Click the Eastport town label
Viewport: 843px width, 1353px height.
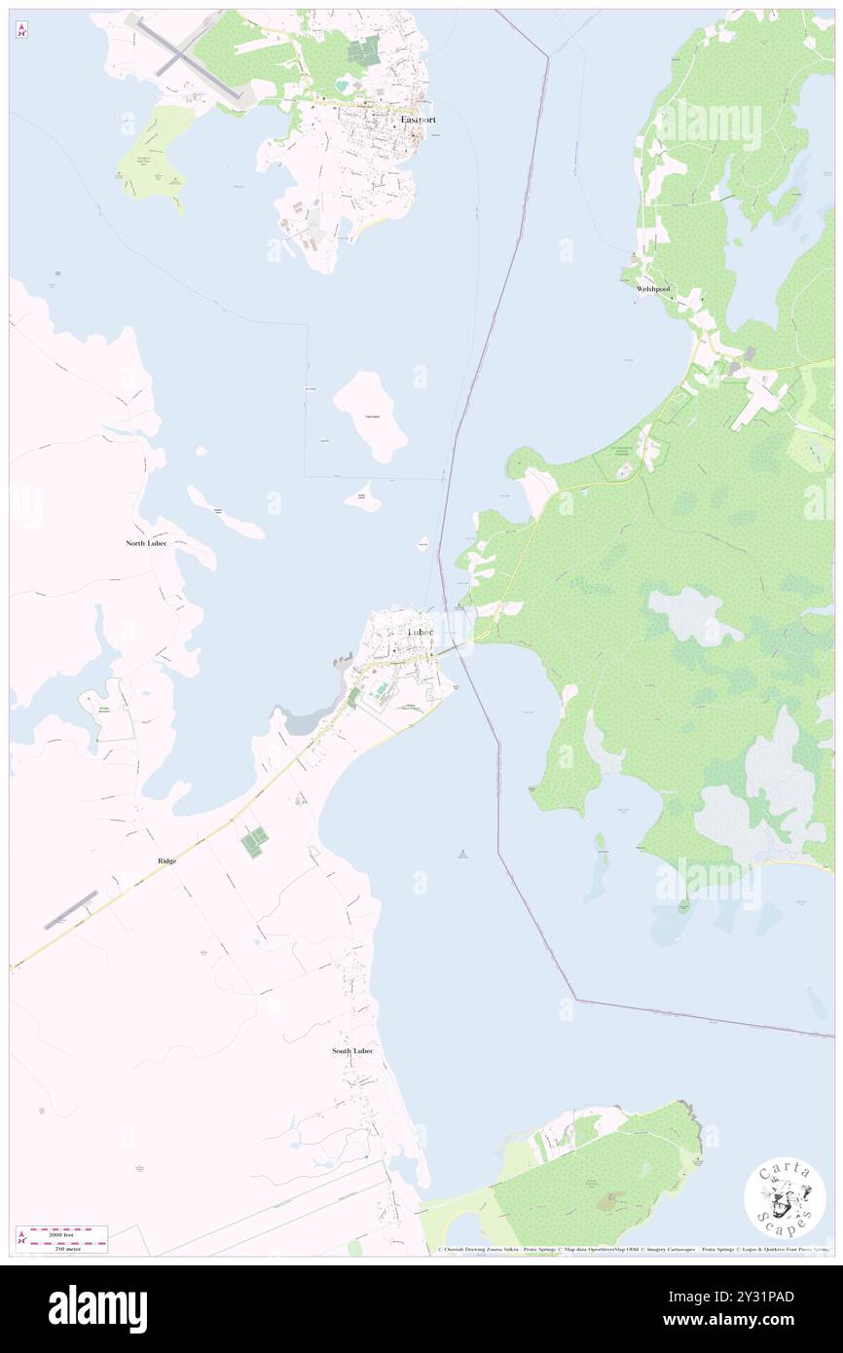pos(419,119)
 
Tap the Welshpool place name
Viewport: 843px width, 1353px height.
pos(652,289)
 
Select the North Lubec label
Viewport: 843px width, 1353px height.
pos(146,542)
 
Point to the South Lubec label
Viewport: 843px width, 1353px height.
pos(352,1051)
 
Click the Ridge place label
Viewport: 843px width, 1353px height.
pos(167,861)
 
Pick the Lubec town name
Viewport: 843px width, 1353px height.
pos(421,632)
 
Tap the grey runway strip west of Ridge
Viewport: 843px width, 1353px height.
pos(71,908)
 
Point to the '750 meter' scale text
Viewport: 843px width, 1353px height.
pos(67,1248)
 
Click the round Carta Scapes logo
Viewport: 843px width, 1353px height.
pos(785,1198)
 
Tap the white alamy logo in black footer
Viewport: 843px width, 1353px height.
pos(98,1309)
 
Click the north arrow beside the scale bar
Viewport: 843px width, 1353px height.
pos(21,1238)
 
